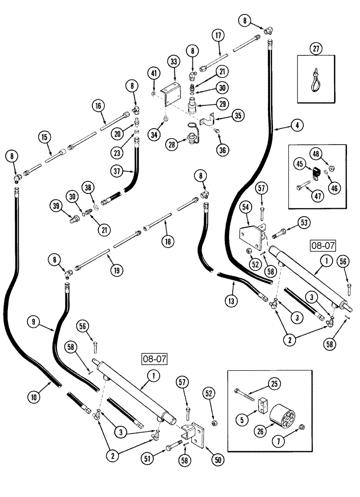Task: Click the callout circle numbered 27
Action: [x=317, y=49]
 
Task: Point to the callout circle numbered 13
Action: [x=232, y=300]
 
